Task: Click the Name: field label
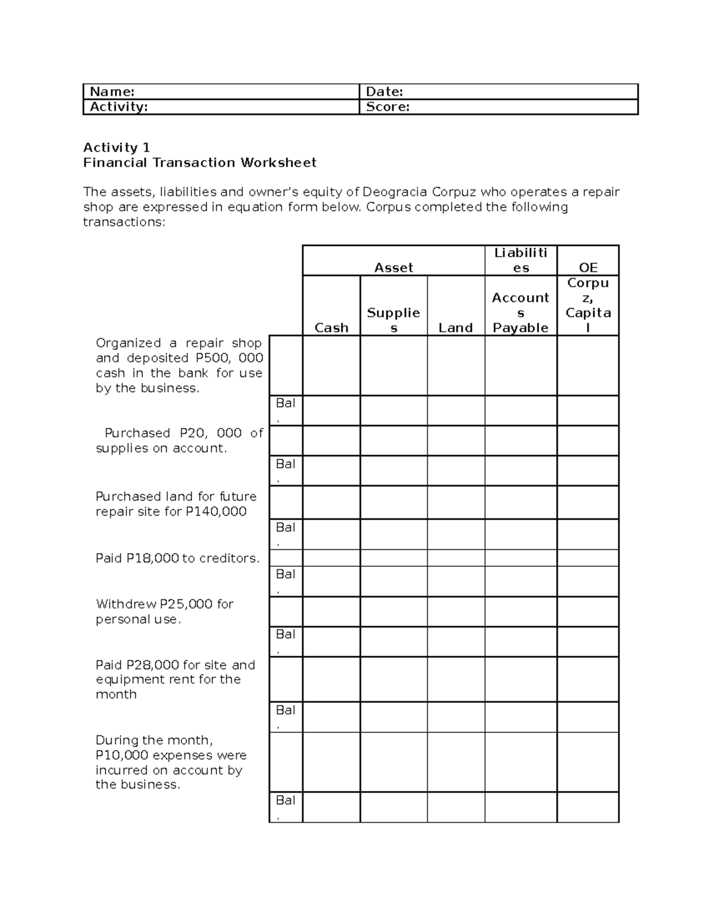click(112, 92)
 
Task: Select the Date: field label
click(385, 92)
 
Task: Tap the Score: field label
click(388, 107)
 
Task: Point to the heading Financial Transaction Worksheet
click(200, 163)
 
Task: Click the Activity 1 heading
click(116, 147)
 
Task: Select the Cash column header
click(331, 327)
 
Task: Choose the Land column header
click(456, 327)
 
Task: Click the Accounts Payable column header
click(521, 313)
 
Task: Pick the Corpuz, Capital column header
click(588, 305)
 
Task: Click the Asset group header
click(393, 267)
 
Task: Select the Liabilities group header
click(521, 260)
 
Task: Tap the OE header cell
click(588, 267)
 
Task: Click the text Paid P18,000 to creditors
click(177, 558)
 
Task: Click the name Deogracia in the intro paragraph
click(395, 192)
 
